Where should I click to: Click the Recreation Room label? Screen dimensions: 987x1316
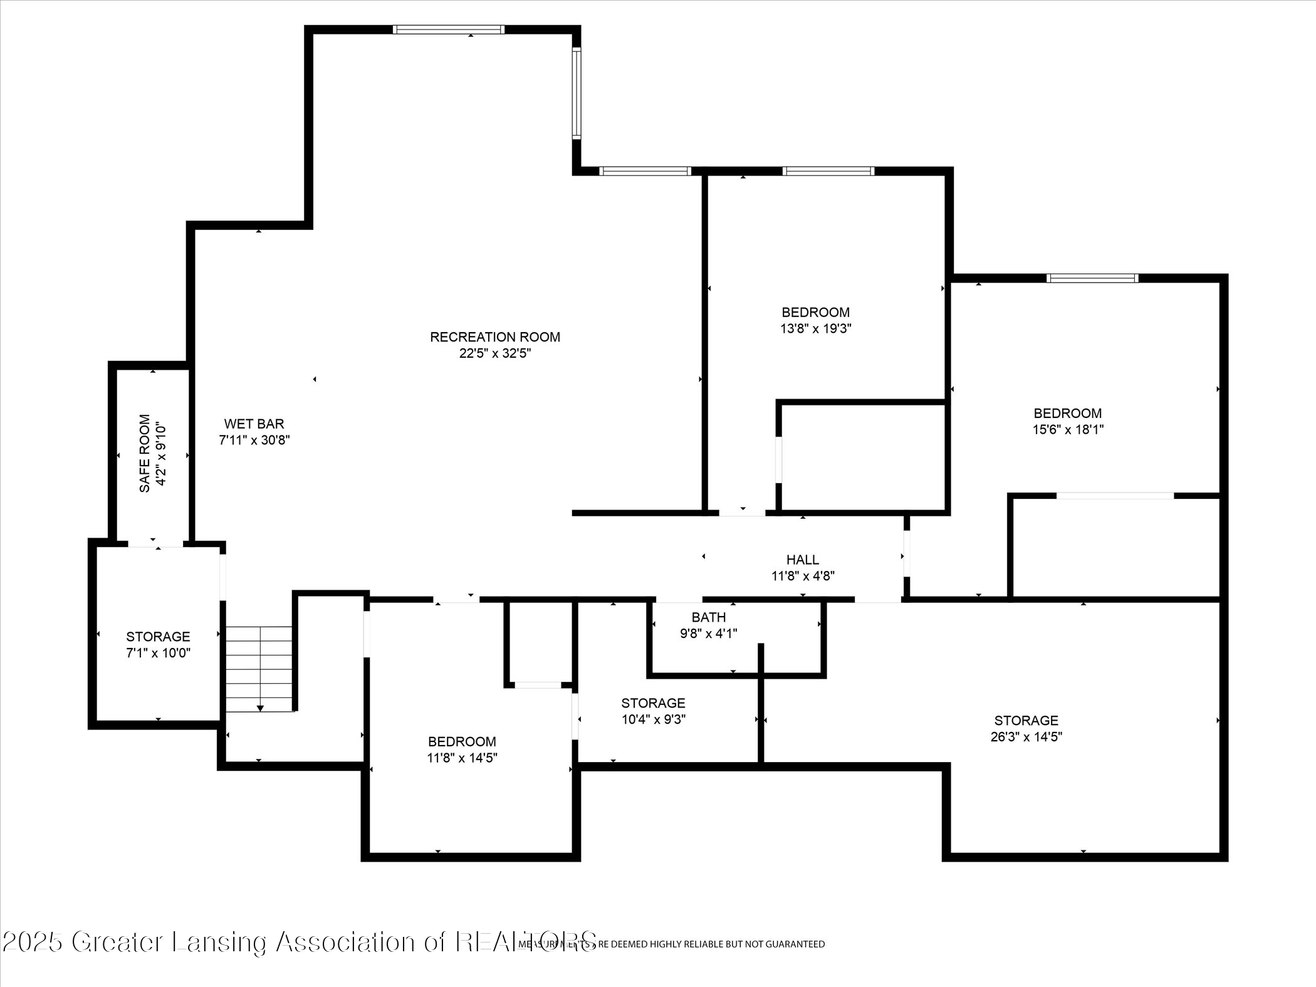(494, 337)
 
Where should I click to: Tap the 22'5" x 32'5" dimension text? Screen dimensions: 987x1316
(494, 353)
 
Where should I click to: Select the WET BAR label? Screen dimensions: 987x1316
(254, 424)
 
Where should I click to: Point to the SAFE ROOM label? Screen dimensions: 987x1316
(145, 453)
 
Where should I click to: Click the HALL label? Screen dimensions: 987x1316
(802, 560)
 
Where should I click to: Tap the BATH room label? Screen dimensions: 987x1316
(709, 617)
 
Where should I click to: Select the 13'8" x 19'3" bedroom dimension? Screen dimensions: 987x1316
(815, 328)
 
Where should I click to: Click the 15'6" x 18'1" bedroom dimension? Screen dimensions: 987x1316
(1067, 430)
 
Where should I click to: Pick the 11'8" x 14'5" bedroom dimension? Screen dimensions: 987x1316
(462, 758)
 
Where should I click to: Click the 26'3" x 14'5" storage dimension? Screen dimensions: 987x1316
(1026, 737)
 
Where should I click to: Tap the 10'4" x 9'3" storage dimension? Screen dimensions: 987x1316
(653, 719)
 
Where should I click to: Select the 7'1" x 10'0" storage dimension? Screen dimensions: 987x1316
(158, 653)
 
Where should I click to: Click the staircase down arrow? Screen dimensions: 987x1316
(259, 708)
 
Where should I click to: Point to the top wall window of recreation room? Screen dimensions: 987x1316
(448, 29)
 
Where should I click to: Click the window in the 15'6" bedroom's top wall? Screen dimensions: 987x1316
(1092, 278)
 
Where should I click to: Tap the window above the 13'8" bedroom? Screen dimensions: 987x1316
(827, 171)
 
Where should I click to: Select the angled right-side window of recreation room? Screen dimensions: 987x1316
(577, 92)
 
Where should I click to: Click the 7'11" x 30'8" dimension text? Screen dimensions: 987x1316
(254, 441)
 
